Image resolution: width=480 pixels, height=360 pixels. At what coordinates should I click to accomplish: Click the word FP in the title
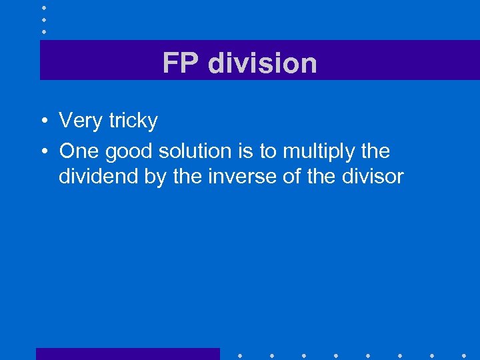(181, 63)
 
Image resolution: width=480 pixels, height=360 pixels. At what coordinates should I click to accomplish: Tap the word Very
(79, 121)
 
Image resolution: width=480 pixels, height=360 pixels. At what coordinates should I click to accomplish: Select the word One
(78, 151)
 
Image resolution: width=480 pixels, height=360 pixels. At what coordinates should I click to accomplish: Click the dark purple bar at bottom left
(127, 353)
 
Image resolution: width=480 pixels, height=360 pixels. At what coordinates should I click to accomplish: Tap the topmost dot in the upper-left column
(43, 7)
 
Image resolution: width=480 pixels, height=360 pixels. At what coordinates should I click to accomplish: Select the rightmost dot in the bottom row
(463, 355)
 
